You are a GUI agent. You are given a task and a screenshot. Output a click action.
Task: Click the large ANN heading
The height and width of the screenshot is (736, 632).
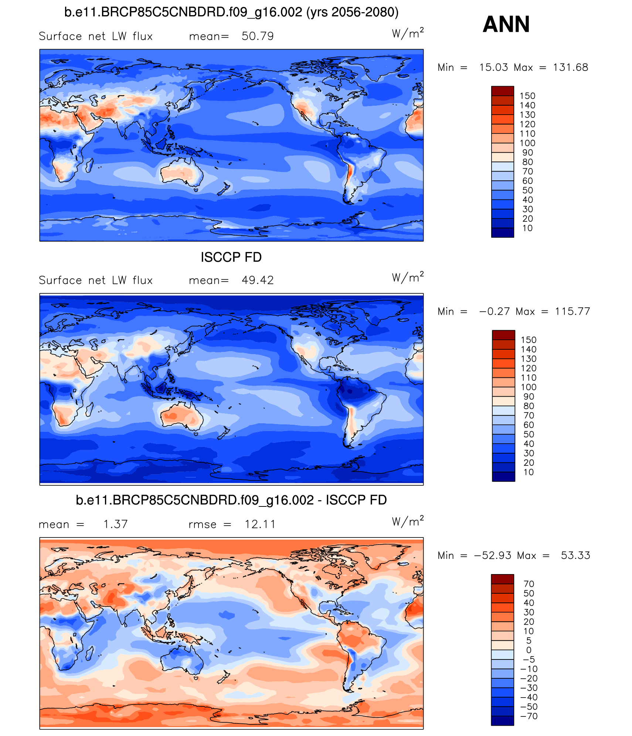(506, 24)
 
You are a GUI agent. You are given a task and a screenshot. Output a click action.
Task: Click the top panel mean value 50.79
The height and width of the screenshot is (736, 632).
(257, 36)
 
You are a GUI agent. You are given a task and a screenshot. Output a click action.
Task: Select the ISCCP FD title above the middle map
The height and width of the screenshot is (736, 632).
(231, 257)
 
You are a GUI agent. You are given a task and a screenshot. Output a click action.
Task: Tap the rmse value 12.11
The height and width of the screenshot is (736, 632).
(260, 524)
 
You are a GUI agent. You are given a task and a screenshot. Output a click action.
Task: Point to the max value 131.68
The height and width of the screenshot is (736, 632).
(570, 67)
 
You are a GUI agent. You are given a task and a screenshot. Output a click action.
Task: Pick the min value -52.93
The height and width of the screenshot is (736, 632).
(493, 555)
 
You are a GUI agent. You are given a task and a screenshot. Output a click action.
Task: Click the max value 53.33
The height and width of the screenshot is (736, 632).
(575, 555)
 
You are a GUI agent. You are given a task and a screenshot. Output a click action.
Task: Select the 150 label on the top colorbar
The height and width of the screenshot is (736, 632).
(527, 96)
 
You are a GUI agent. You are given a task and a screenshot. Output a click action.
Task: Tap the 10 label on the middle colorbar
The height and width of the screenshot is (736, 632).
(529, 472)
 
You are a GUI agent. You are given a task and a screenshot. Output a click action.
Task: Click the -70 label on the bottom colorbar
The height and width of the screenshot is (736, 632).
(529, 716)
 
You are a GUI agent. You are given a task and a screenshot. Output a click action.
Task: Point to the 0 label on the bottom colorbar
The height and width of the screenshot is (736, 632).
(529, 650)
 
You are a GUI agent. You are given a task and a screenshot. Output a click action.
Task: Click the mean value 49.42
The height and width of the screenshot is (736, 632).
(257, 280)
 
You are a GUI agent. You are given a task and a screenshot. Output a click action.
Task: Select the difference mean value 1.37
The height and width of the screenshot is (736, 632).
(115, 524)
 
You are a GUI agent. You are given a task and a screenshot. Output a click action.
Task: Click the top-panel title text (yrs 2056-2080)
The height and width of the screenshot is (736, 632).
(352, 12)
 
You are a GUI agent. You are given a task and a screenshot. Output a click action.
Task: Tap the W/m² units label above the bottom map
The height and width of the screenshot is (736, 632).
(407, 521)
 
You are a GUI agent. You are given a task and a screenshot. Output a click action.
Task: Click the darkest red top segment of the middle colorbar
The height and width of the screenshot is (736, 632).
(503, 335)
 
